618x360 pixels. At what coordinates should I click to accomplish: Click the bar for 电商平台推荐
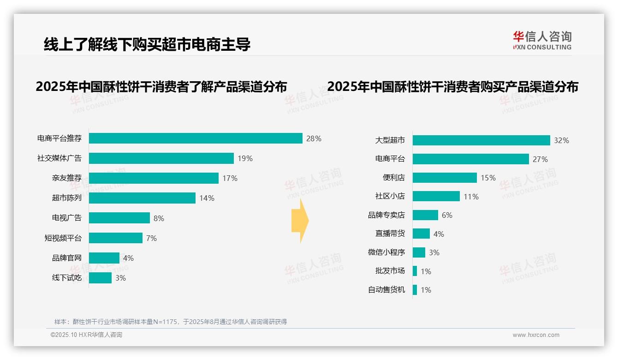coord(196,138)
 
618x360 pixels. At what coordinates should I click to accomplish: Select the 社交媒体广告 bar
coord(161,158)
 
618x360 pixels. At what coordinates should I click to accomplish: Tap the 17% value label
coord(230,178)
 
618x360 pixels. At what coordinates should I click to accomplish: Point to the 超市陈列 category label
coord(66,198)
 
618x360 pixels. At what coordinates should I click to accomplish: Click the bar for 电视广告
coord(119,218)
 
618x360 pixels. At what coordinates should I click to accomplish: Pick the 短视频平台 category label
coord(63,238)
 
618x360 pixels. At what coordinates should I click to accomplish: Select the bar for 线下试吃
coord(100,278)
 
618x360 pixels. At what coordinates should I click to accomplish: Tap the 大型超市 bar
coord(481,140)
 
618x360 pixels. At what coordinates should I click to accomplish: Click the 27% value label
coord(540,159)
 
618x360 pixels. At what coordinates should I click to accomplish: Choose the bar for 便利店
coord(445,178)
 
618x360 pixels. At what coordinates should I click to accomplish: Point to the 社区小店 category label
coord(390,196)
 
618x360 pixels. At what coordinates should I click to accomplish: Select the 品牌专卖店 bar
coord(425,215)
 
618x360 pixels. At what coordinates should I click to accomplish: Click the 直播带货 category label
coord(390,234)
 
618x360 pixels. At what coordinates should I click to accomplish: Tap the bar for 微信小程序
coord(419,252)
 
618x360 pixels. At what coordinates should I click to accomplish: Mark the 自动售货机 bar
coord(415,290)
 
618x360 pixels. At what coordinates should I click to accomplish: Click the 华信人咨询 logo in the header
coord(542,40)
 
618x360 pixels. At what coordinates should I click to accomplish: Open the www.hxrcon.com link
coord(536,335)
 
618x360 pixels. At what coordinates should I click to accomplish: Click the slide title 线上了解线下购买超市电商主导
coord(147,44)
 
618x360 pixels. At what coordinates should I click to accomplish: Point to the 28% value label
coord(314,138)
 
